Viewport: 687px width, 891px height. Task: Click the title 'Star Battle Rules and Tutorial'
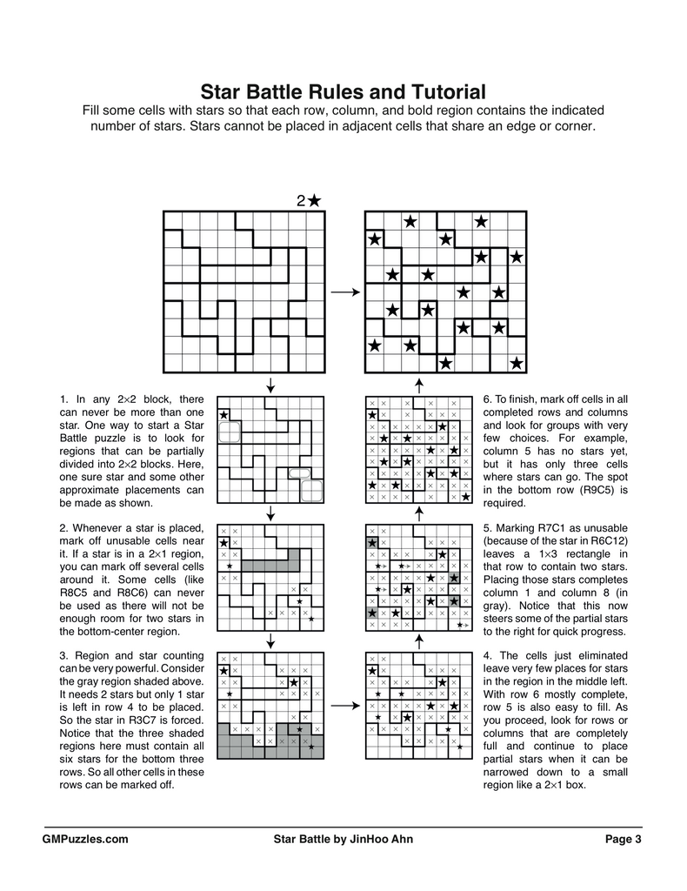click(343, 91)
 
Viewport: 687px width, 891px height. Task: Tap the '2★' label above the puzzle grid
click(309, 201)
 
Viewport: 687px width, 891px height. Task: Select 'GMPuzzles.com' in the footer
click(85, 840)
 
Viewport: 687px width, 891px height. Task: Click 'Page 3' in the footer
click(624, 840)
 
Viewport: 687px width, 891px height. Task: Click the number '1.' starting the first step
click(63, 399)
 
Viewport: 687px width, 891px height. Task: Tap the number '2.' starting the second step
click(63, 528)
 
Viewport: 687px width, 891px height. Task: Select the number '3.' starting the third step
click(63, 655)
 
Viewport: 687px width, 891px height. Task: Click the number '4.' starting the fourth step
click(488, 655)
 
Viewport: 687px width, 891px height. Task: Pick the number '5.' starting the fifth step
click(488, 528)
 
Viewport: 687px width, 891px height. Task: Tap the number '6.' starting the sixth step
click(488, 399)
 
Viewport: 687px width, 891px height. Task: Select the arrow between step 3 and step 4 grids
click(345, 707)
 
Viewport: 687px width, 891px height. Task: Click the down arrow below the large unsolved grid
click(270, 384)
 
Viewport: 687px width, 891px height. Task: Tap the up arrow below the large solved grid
click(419, 384)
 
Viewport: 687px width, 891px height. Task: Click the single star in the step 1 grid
click(224, 415)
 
